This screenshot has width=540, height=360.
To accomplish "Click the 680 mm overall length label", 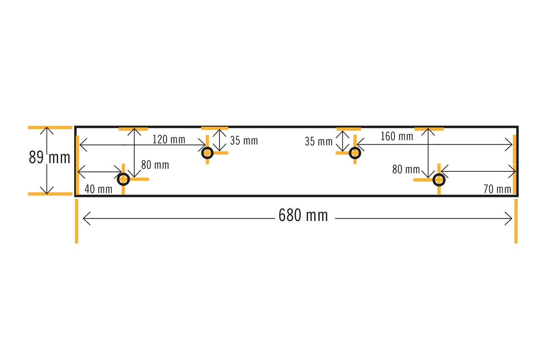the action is click(x=303, y=215).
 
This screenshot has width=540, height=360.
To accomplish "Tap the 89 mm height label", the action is click(x=49, y=157).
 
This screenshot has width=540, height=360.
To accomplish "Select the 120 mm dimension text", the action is click(x=169, y=139).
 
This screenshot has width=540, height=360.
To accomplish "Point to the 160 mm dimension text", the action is click(x=397, y=136).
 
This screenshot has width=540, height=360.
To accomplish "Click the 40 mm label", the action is click(x=98, y=189).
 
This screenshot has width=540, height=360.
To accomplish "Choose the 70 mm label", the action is click(x=497, y=189).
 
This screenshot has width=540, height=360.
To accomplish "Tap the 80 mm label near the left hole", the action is click(x=155, y=165).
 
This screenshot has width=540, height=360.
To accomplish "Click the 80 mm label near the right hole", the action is click(x=406, y=169).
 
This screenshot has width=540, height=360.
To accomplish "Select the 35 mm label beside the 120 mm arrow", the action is click(x=244, y=141).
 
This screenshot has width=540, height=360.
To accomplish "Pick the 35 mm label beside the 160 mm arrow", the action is click(x=319, y=141).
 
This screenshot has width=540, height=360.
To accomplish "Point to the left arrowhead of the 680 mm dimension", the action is click(x=84, y=219).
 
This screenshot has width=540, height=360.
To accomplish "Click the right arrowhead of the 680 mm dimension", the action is click(x=512, y=219).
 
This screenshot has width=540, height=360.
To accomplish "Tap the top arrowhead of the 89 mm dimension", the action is click(x=47, y=128).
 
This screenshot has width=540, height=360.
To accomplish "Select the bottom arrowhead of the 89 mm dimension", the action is click(x=47, y=193).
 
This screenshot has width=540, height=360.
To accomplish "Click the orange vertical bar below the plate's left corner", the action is click(x=76, y=221).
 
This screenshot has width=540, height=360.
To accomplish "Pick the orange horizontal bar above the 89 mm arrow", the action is click(x=50, y=127).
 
